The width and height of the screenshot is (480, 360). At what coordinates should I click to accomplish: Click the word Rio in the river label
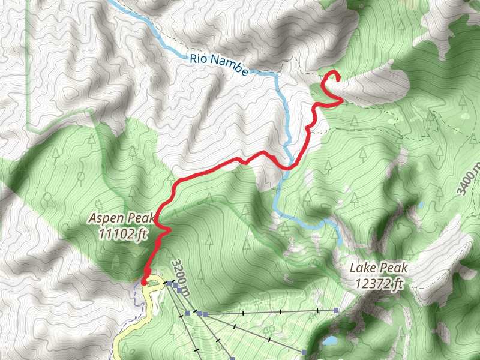tap(199, 59)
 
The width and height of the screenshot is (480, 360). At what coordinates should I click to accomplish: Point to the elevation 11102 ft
tap(124, 233)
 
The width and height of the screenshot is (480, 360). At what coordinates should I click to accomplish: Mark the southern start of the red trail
tap(145, 281)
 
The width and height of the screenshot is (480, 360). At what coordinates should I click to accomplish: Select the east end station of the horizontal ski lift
tap(337, 311)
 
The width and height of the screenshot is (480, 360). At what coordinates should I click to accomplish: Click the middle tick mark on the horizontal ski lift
tap(281, 312)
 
